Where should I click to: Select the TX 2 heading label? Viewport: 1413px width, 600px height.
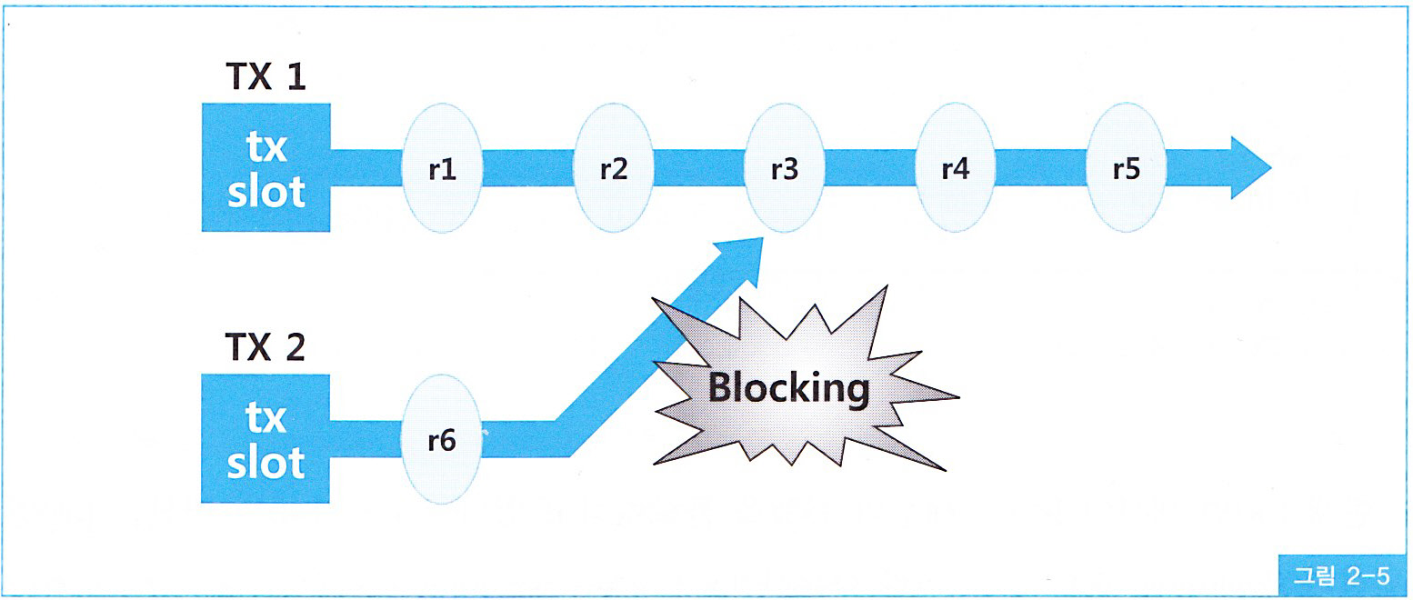(x=265, y=349)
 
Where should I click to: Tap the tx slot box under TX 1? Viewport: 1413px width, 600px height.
(x=266, y=167)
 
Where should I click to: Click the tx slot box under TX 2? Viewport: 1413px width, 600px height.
(x=266, y=438)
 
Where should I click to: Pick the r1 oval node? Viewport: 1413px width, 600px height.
(x=442, y=170)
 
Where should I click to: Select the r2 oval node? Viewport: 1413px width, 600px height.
(x=614, y=170)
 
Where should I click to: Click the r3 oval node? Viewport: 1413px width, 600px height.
(x=785, y=170)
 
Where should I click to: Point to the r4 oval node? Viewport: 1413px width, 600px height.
(x=956, y=170)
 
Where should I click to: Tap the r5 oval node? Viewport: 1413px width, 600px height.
(x=1127, y=170)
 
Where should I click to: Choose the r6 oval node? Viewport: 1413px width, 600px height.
(x=442, y=441)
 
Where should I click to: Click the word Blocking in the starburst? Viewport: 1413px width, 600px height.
(x=788, y=388)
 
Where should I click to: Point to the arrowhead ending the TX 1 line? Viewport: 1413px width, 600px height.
(x=1250, y=168)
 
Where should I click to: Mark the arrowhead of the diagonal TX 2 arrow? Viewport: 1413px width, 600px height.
(x=741, y=255)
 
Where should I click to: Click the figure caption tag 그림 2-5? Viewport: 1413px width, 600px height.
(x=1341, y=575)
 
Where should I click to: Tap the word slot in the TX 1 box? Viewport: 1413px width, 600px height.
(x=266, y=192)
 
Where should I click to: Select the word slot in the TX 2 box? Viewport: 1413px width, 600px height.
(x=266, y=463)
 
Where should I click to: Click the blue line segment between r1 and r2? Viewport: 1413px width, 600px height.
(x=527, y=169)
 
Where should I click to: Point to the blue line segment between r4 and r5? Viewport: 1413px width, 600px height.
(x=1041, y=169)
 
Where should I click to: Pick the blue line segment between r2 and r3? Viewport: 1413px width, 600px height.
(x=699, y=169)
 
